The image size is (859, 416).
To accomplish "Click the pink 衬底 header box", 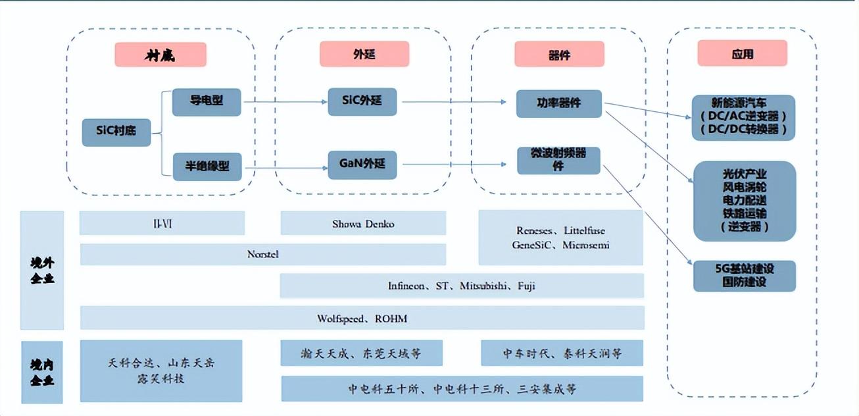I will point(160,55).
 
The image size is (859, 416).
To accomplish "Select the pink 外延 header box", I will point(364,54).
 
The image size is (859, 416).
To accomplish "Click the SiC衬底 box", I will point(116,132).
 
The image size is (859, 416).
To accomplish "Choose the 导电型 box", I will point(207,102).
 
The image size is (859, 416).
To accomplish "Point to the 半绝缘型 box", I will point(207,167).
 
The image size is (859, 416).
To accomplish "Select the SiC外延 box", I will point(362,101).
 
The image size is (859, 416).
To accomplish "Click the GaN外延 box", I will point(362,165).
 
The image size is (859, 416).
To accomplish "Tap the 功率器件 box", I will point(558,103).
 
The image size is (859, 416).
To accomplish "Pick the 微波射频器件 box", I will point(558,160).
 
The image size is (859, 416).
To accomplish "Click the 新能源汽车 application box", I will point(743,117).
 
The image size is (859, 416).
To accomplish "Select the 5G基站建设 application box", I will point(745,276).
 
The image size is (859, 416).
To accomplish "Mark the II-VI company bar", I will point(162,223).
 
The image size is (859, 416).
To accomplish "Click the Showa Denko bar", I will point(363,223).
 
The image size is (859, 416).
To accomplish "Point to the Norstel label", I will point(263,254).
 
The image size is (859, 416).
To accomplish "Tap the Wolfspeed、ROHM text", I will point(362,319).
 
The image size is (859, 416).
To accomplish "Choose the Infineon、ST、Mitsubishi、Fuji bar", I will point(462,286).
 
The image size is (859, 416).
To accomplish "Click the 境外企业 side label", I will point(42,271).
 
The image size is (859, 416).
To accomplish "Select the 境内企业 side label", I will point(42,372).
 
